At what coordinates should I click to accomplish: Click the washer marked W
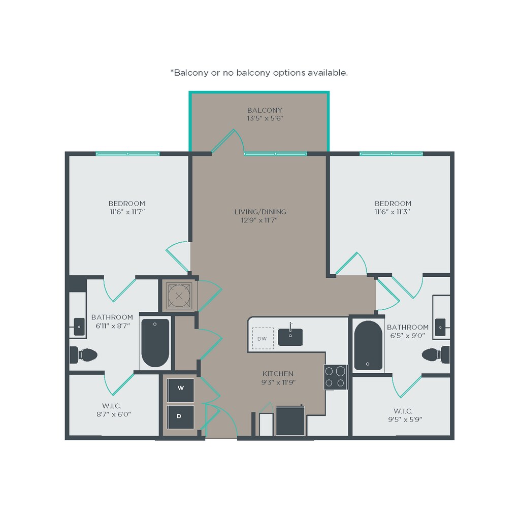click(180, 390)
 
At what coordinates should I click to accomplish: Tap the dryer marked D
click(180, 417)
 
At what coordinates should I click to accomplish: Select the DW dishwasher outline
click(263, 338)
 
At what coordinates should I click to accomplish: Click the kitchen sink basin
click(290, 337)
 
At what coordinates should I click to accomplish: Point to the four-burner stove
click(336, 377)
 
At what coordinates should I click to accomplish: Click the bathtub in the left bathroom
click(155, 343)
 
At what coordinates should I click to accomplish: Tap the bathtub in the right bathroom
click(368, 345)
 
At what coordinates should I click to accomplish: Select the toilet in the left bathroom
click(83, 355)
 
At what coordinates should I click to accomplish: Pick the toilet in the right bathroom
click(436, 354)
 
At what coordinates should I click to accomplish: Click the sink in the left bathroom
click(79, 327)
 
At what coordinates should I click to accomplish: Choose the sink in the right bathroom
click(440, 327)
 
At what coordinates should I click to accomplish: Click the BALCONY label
click(265, 110)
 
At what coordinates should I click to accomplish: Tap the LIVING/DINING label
click(261, 212)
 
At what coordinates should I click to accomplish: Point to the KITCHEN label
click(278, 374)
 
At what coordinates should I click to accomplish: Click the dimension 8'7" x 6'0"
click(114, 414)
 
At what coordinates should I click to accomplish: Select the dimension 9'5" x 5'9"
click(405, 419)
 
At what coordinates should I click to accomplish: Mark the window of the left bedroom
click(127, 153)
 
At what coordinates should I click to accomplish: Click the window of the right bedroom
click(392, 153)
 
